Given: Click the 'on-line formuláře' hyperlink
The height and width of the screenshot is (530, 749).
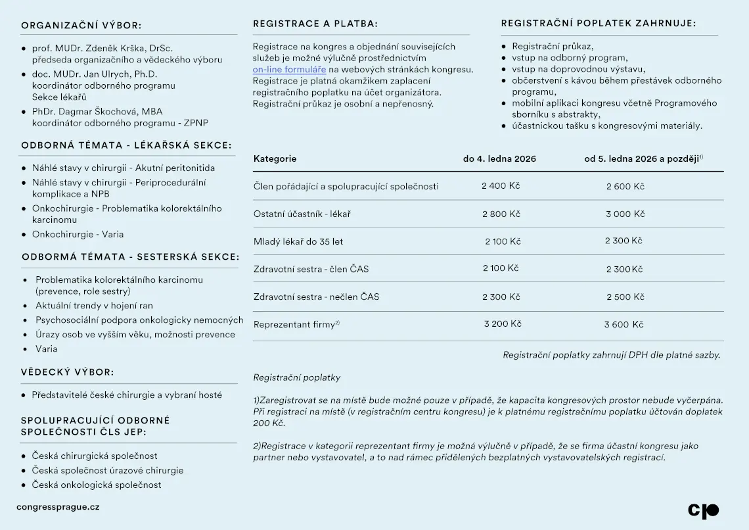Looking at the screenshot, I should coord(289,69).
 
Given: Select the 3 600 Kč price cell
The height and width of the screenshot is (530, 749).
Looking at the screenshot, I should coord(624,324).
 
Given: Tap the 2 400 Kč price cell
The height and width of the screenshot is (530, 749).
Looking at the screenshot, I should coord(501,186).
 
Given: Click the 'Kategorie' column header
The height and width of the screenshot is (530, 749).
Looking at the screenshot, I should coord(275,158).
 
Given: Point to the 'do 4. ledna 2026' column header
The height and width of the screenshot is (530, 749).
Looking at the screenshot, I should coord(499,158).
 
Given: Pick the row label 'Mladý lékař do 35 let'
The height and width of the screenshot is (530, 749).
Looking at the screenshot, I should coord(298,241).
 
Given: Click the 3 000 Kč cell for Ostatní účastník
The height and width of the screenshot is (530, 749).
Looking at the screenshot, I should coord(625,214).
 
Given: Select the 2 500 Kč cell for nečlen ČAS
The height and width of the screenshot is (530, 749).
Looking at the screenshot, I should coord(625,297).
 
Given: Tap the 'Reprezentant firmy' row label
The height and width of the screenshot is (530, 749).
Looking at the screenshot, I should coord(294,324).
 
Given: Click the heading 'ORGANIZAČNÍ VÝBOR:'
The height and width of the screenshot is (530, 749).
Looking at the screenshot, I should coord(81,26).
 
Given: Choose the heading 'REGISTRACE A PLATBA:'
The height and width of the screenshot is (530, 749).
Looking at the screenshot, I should coord(315,24).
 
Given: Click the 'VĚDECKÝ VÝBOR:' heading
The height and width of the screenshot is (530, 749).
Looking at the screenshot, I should coord(68,372).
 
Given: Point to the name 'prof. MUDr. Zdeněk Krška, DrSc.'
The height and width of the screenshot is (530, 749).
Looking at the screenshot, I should coord(102,49).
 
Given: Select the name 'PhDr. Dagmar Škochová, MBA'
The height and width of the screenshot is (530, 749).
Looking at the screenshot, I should coord(97,112).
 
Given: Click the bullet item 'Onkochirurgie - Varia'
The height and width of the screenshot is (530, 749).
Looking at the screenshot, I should coord(78,234).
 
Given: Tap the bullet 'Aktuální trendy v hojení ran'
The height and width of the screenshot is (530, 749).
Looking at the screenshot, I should coord(94,306).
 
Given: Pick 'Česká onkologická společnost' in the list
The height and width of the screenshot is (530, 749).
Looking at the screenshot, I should coord(97,485).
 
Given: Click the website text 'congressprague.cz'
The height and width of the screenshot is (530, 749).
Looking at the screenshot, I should coord(58,507).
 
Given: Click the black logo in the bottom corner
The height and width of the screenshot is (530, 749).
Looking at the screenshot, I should coord(703,510).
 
